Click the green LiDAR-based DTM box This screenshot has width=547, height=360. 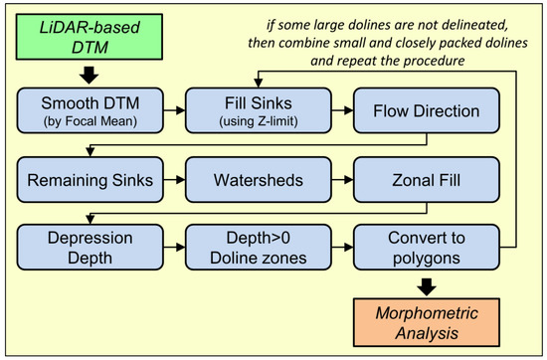click(90, 37)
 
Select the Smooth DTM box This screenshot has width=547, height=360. click(90, 110)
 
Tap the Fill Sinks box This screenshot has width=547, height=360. click(259, 110)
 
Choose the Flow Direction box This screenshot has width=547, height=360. click(427, 110)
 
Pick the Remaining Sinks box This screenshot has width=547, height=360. click(90, 180)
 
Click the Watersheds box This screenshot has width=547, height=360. click(259, 180)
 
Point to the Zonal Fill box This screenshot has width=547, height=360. click(427, 180)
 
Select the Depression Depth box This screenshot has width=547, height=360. click(90, 248)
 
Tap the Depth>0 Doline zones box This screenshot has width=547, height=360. click(259, 248)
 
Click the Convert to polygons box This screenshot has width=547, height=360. click(427, 248)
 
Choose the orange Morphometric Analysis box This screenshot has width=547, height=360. click(427, 322)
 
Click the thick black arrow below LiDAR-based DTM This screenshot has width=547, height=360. click(90, 75)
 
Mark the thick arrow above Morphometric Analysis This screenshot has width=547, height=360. click(427, 287)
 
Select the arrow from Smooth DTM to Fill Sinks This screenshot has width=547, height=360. click(174, 110)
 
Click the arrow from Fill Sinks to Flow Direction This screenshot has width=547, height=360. click(342, 110)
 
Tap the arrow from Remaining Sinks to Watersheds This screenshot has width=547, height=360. click(174, 180)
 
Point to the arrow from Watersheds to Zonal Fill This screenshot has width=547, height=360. click(342, 180)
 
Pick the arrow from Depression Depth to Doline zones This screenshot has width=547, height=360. click(174, 248)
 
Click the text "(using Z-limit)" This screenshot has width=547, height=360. click(259, 121)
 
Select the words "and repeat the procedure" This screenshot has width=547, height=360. click(388, 61)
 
